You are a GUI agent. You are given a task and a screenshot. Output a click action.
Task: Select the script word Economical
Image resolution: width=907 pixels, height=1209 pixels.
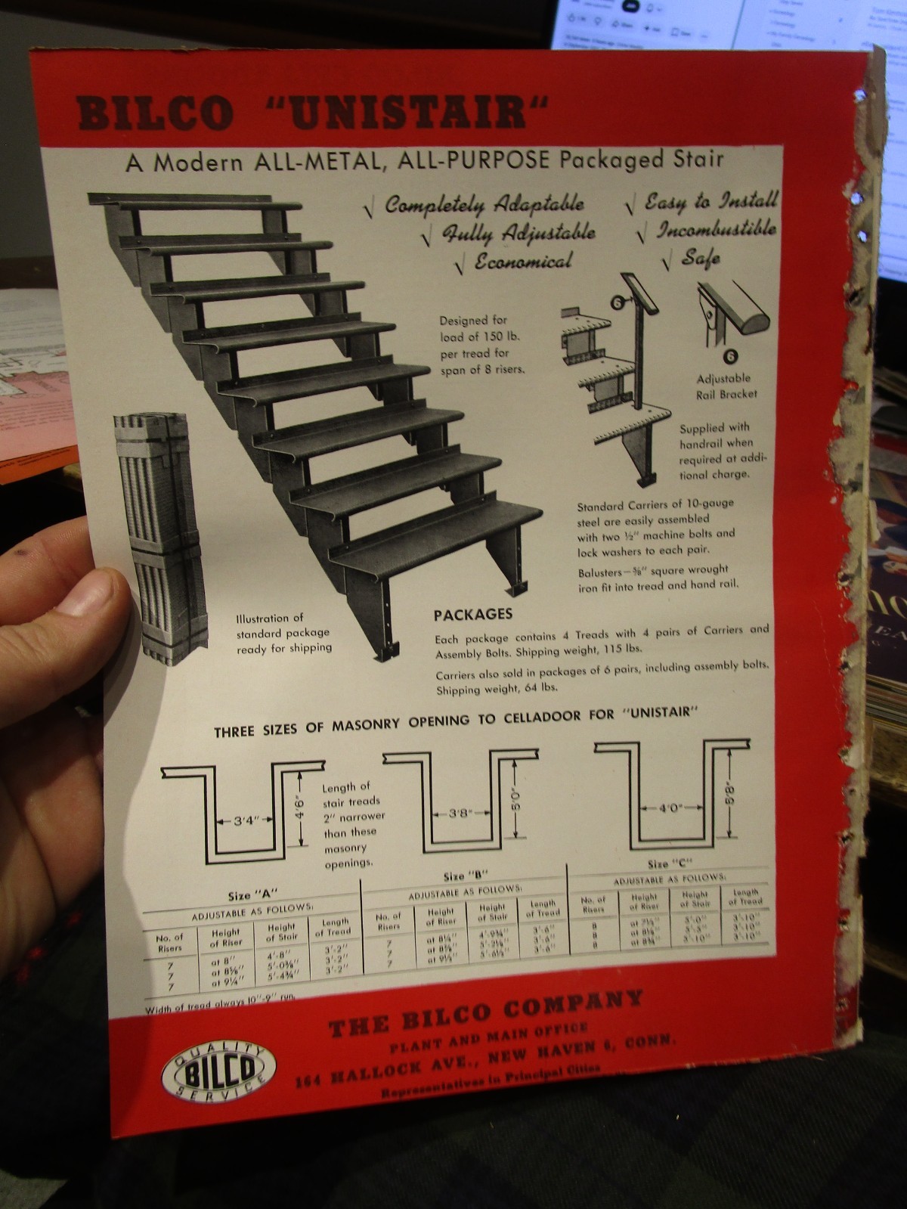[x=523, y=262]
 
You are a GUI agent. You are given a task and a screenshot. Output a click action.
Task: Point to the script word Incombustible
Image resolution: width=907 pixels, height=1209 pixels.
[x=714, y=229]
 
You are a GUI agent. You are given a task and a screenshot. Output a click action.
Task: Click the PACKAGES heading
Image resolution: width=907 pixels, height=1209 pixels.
[x=473, y=615]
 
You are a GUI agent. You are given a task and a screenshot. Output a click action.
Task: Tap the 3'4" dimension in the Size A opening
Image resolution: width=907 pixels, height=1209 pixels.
[x=243, y=821]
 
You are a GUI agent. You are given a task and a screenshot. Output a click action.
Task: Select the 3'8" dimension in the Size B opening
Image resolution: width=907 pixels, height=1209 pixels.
[x=460, y=814]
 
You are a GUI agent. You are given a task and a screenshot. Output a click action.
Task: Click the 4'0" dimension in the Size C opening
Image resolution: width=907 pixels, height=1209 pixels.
[x=670, y=808]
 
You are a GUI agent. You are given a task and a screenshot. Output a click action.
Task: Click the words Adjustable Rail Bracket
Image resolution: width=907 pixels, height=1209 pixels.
[x=726, y=386]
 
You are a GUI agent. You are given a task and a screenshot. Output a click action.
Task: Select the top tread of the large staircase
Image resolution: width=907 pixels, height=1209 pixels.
[x=197, y=203]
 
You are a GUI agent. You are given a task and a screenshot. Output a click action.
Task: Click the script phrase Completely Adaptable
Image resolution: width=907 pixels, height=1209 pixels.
[x=484, y=204]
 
